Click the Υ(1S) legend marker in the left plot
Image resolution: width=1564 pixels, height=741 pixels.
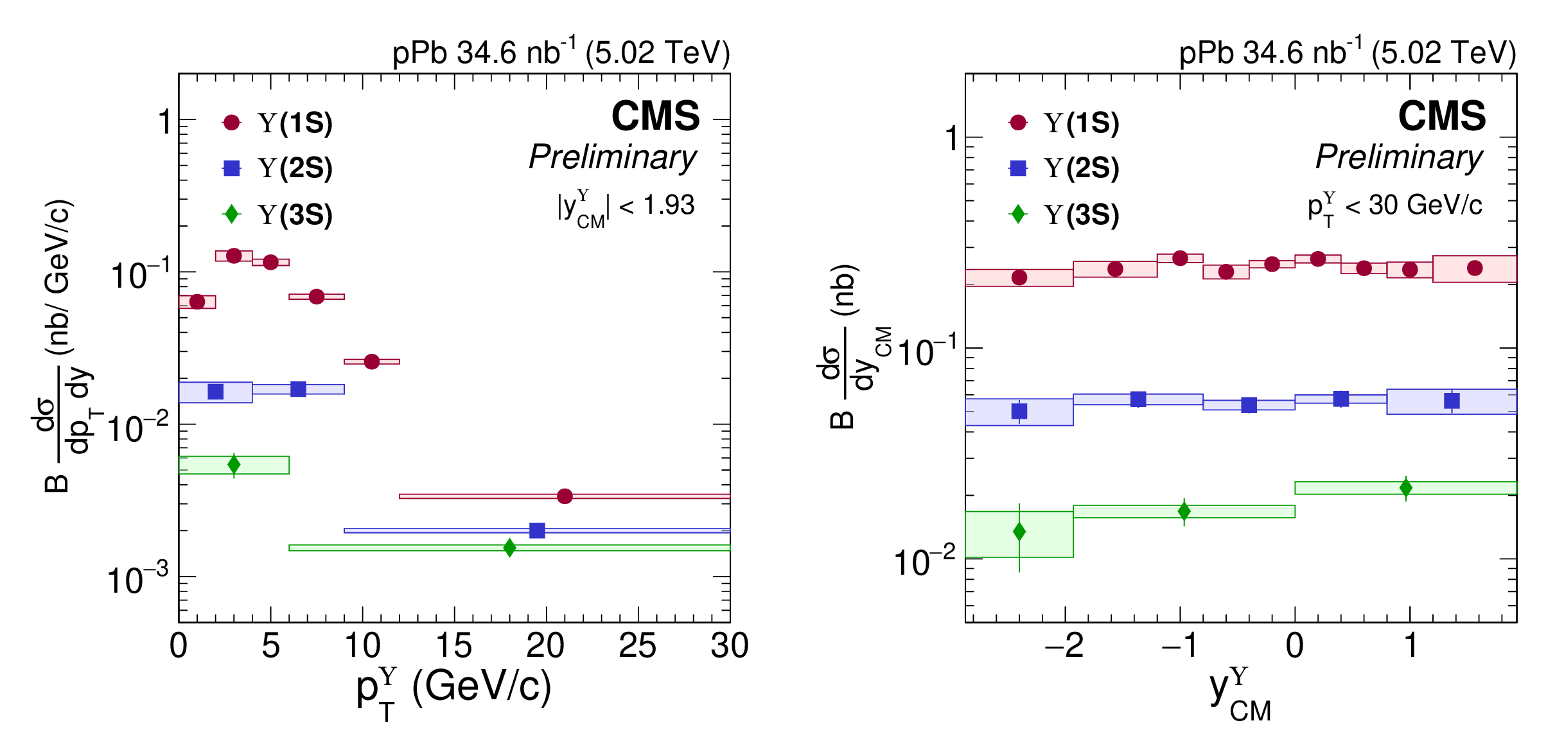coord(231,123)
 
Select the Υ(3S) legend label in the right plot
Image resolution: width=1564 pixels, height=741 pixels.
coord(1082,214)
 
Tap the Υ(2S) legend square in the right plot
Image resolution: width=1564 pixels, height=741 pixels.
coord(1018,168)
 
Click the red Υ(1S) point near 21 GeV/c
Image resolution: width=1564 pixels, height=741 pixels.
coord(565,496)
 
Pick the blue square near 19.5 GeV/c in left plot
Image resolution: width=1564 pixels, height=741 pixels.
coord(537,530)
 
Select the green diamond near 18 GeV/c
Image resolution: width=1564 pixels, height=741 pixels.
coord(509,548)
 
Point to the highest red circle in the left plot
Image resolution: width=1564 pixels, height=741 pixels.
coord(234,256)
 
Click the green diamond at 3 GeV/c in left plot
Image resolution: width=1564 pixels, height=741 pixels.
coord(234,464)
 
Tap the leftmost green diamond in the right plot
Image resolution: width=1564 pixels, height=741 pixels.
coord(1019,532)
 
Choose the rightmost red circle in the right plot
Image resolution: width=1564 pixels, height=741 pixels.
coord(1475,268)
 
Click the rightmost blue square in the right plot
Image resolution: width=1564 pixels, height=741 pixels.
coord(1452,401)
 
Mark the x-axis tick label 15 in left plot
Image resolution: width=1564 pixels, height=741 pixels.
coord(454,646)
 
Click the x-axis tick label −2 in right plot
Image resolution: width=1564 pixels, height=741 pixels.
coord(1064,646)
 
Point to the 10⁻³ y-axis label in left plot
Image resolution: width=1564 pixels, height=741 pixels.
coord(137,580)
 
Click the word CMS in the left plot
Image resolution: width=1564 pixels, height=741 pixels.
coord(655,116)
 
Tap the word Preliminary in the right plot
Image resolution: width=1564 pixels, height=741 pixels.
coord(1399,157)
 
